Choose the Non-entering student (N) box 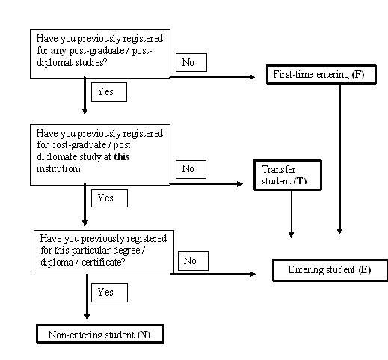pos(99,334)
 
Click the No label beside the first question pos(190,63)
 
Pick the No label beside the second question pos(190,168)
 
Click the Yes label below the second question pos(108,198)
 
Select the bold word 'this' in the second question pos(120,159)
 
